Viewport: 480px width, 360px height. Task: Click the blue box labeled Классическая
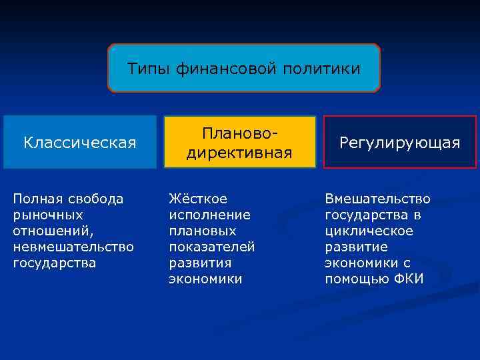(x=80, y=143)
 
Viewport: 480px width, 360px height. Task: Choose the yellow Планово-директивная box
(x=240, y=143)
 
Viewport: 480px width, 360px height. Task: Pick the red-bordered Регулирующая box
(x=400, y=143)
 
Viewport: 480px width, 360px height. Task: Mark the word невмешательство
(x=73, y=247)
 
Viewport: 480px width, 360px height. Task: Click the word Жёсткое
(x=198, y=199)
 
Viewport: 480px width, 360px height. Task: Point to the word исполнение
(x=209, y=215)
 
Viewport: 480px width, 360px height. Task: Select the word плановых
(x=203, y=231)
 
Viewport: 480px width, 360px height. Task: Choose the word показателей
(x=212, y=247)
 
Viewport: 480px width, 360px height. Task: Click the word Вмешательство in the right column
(x=377, y=199)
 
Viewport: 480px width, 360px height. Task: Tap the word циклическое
(x=369, y=231)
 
